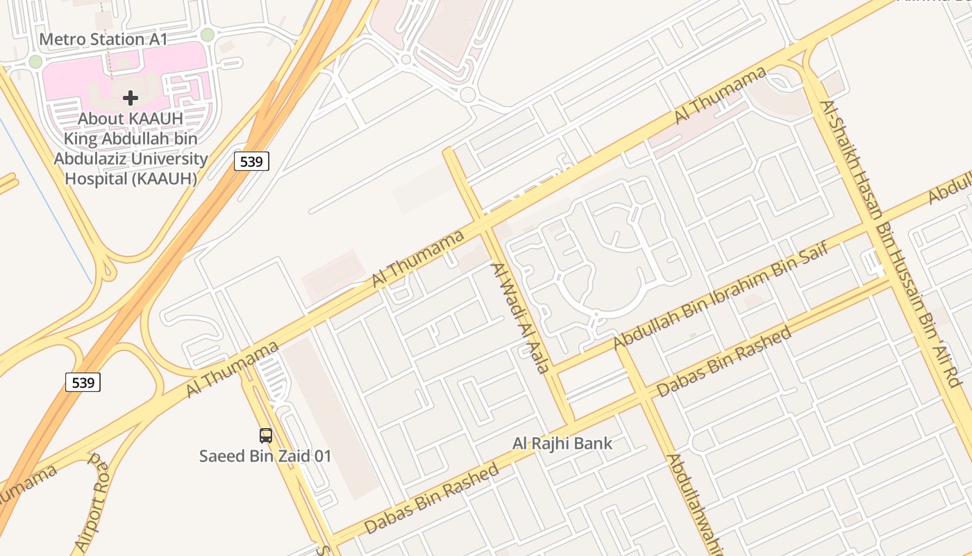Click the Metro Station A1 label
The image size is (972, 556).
click(x=103, y=39)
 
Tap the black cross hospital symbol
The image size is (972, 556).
click(x=131, y=98)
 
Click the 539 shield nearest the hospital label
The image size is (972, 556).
click(x=251, y=161)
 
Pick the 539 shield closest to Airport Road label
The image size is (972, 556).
click(x=83, y=382)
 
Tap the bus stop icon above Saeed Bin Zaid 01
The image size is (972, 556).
click(x=266, y=436)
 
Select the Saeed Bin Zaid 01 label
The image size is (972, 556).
click(x=265, y=457)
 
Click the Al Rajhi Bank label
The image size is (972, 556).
click(x=562, y=443)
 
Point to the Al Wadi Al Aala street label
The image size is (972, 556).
click(x=520, y=318)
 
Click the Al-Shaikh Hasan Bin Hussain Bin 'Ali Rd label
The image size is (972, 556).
click(x=889, y=243)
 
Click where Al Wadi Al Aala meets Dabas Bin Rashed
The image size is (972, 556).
click(x=571, y=423)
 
